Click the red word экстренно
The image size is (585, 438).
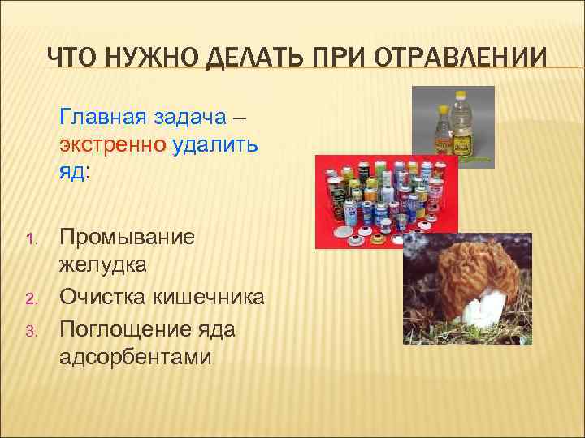[x=113, y=145]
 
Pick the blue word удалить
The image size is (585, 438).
[x=215, y=145]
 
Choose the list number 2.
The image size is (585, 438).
[x=31, y=298]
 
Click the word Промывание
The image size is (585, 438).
[x=128, y=238]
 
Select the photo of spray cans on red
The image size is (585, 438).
[x=386, y=199]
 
